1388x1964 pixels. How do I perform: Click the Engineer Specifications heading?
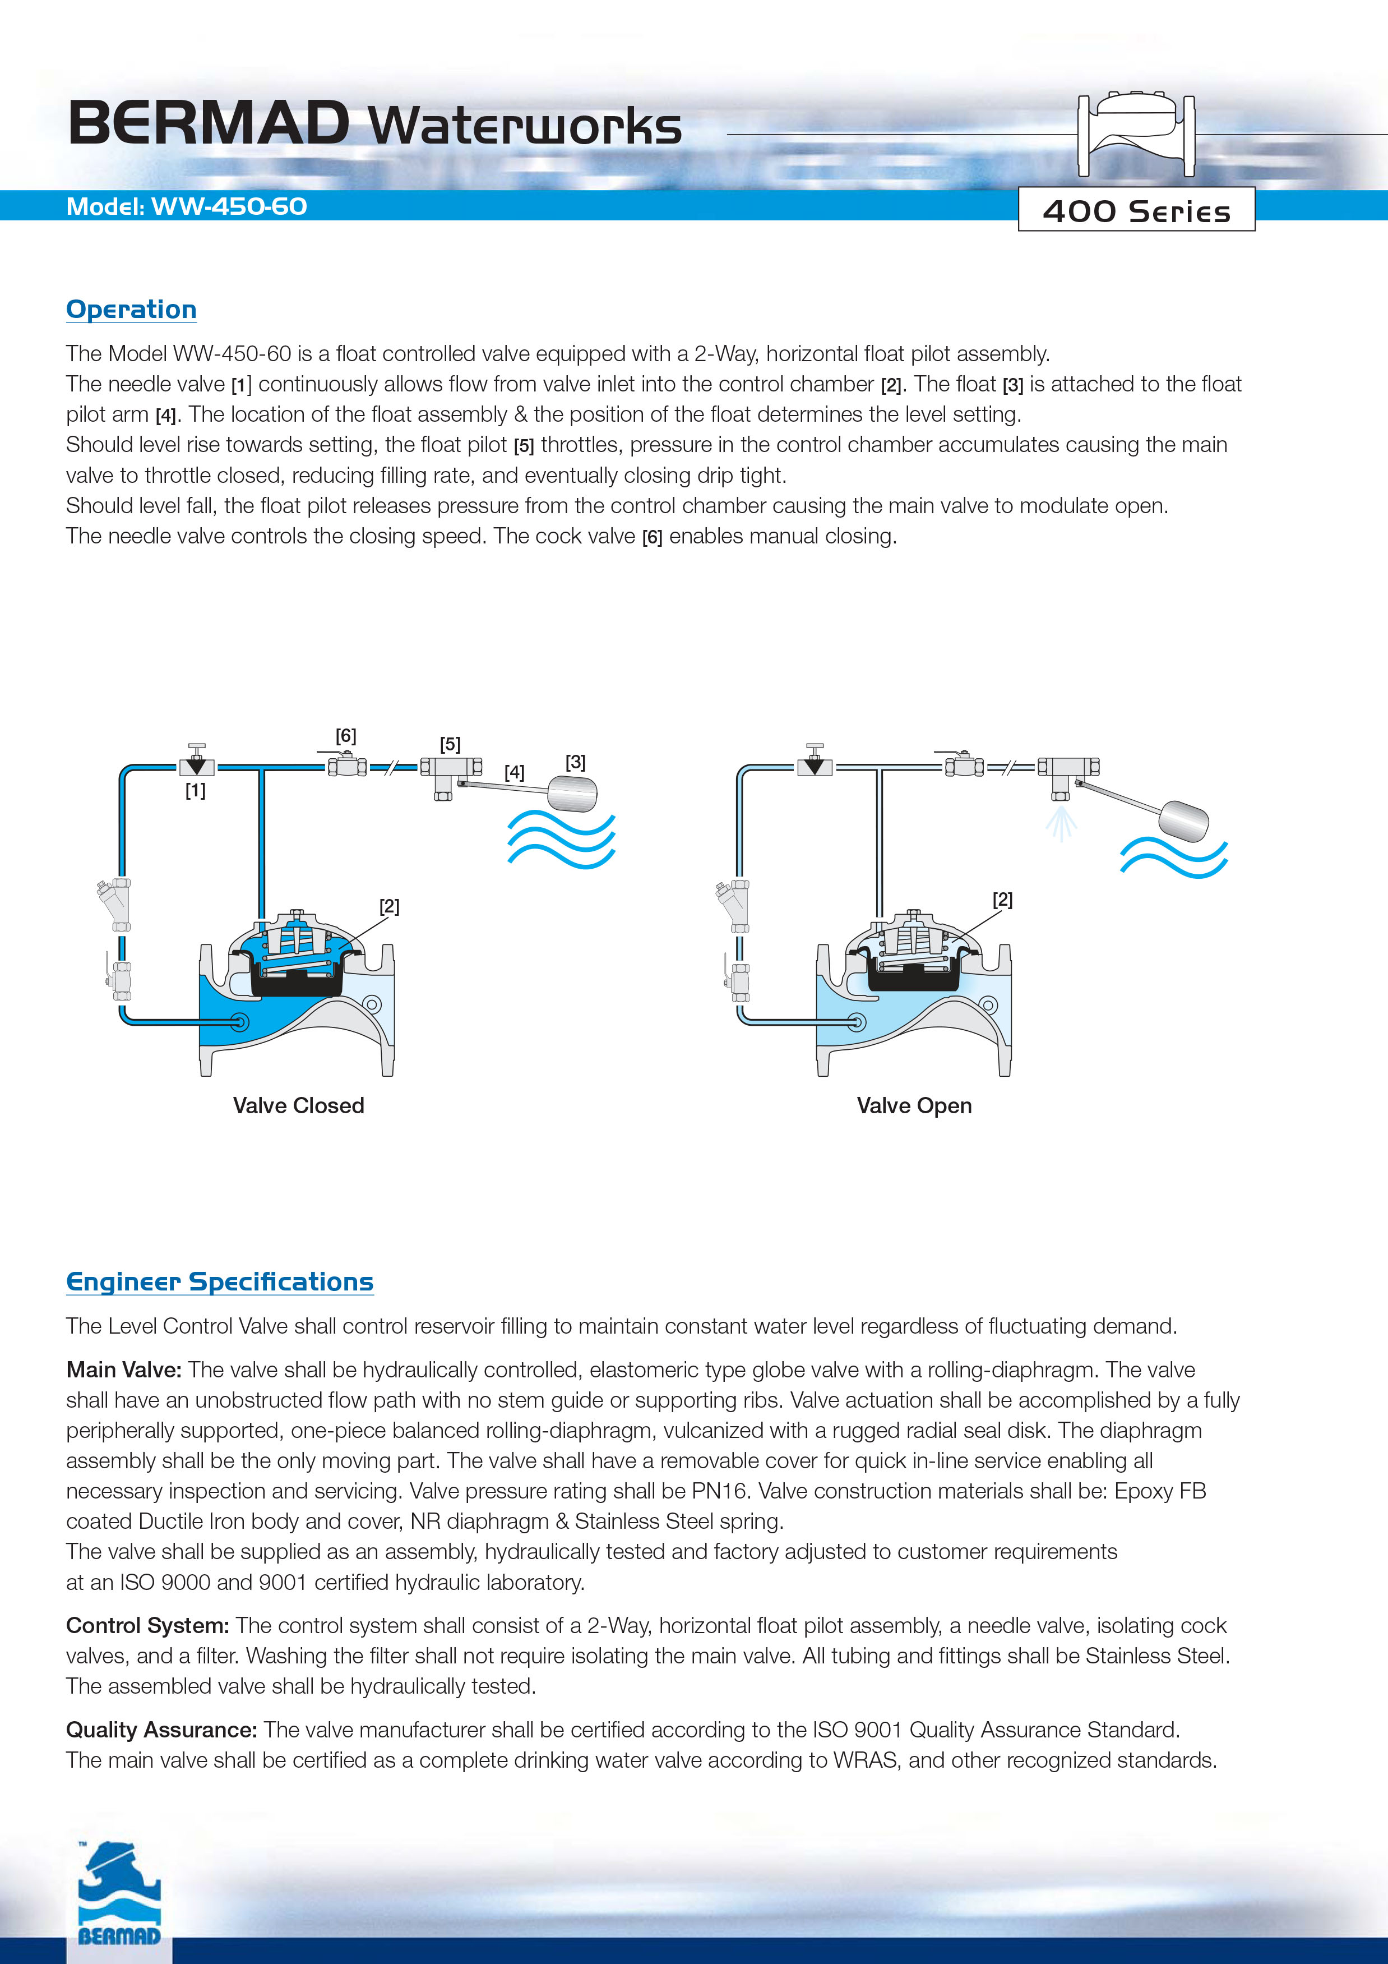coord(220,1281)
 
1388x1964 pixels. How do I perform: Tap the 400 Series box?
coord(1136,210)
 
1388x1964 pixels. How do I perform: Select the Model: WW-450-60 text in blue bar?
coord(187,207)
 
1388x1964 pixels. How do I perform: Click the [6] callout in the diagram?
coord(345,736)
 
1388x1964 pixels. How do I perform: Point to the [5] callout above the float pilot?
coord(450,744)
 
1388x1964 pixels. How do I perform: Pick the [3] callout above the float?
coord(576,761)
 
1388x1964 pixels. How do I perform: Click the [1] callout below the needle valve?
coord(195,790)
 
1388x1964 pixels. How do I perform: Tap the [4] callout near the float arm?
coord(514,772)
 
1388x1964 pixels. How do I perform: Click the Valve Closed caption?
coord(298,1105)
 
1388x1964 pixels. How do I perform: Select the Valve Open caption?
coord(914,1105)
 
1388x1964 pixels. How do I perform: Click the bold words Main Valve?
coord(123,1370)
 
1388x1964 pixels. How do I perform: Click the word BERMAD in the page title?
coord(208,124)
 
